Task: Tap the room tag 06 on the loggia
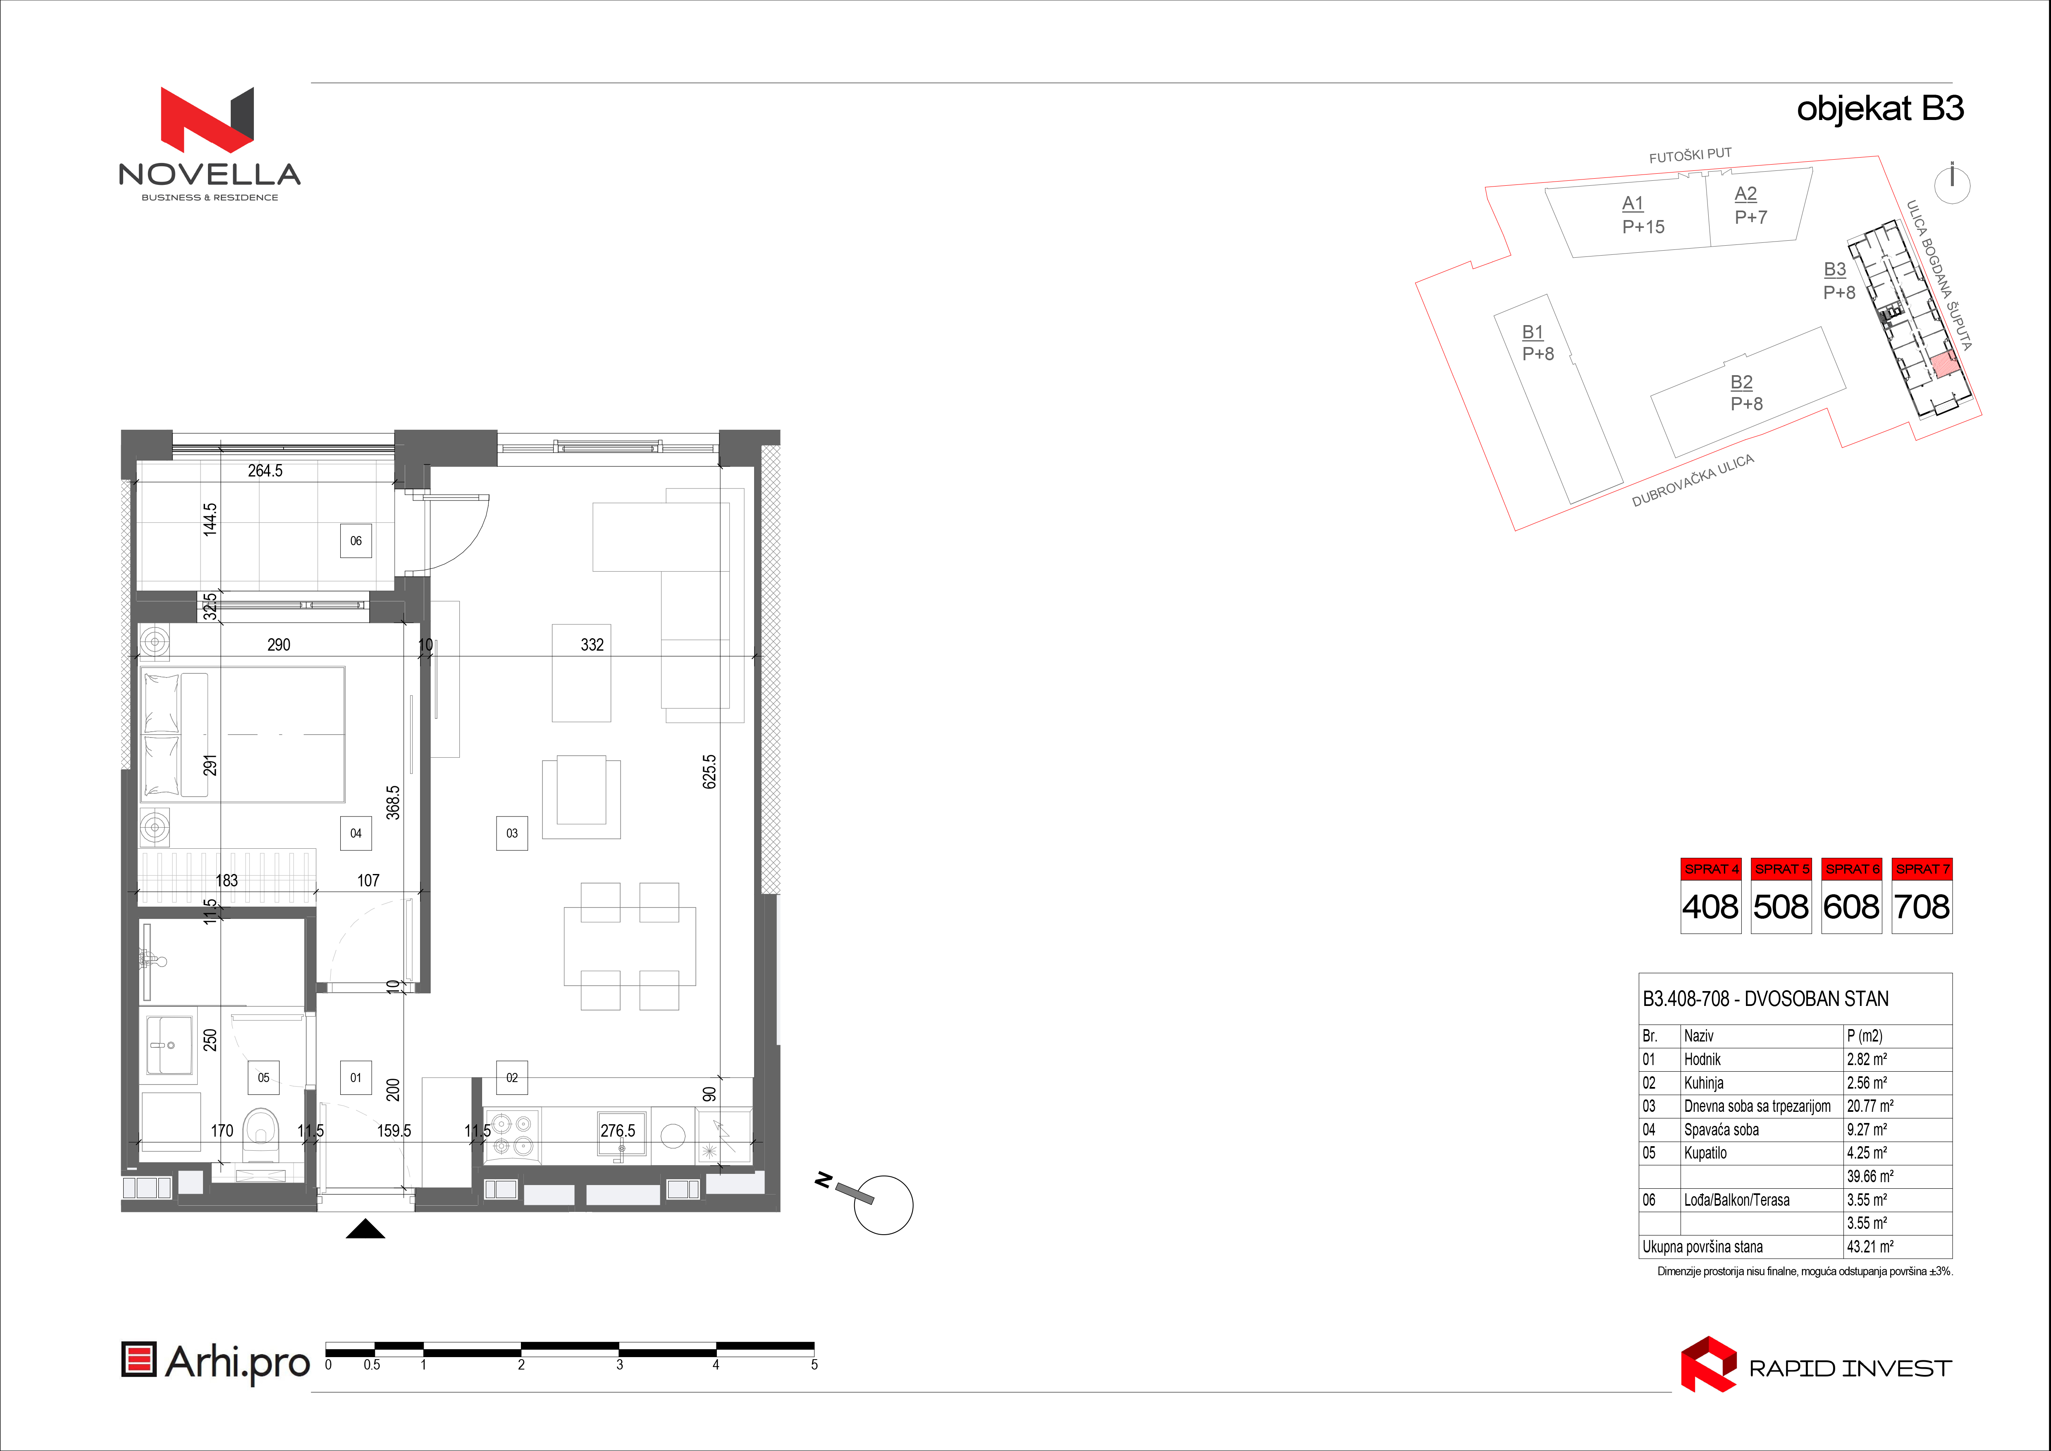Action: point(356,541)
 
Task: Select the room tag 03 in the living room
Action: point(512,833)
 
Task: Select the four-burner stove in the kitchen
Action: point(512,1135)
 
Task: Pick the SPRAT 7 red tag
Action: point(1922,869)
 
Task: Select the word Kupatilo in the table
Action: point(1705,1153)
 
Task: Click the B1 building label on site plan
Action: point(1533,333)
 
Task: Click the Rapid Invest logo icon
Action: point(1708,1364)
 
